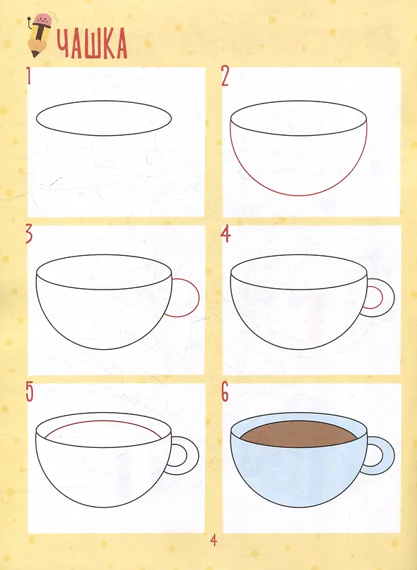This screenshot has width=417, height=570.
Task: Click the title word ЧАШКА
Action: click(92, 44)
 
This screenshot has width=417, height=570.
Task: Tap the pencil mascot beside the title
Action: click(40, 35)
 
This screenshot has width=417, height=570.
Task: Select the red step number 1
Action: click(29, 76)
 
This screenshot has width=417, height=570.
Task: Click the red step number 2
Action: click(225, 77)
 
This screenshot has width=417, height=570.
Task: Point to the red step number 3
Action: click(29, 235)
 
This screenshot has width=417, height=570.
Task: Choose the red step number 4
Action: click(226, 235)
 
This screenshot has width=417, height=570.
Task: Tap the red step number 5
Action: click(29, 392)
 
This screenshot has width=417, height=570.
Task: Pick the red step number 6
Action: click(225, 392)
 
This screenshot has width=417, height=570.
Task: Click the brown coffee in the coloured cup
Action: click(299, 434)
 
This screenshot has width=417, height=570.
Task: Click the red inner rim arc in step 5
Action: click(104, 421)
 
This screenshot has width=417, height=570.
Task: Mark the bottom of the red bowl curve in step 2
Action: click(299, 195)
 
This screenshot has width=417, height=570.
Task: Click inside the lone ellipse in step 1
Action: click(104, 118)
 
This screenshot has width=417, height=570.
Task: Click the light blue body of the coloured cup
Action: click(299, 473)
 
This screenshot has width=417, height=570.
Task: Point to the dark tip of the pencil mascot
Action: click(35, 54)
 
